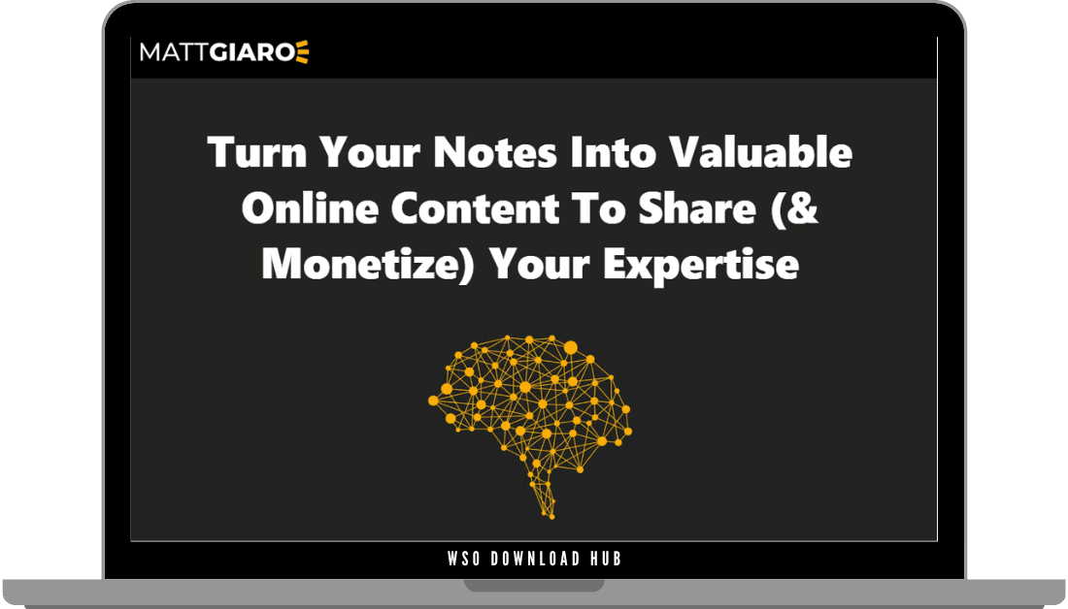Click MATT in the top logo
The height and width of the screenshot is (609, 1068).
click(172, 52)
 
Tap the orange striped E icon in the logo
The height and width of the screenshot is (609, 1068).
click(302, 52)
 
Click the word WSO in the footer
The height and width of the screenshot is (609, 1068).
click(465, 560)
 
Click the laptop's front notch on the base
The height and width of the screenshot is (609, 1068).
click(533, 586)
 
